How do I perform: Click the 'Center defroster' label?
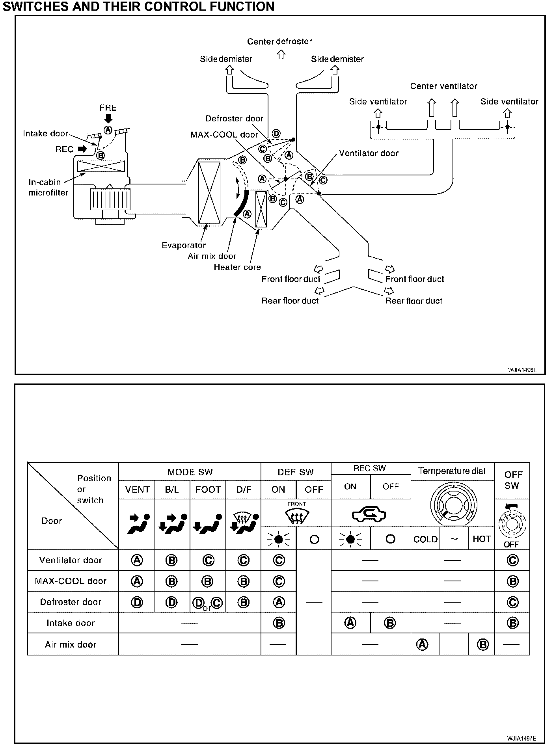pos(279,41)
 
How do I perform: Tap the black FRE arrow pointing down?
pos(108,118)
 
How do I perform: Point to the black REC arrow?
pos(82,149)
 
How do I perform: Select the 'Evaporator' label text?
pos(184,245)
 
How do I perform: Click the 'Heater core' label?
pos(237,267)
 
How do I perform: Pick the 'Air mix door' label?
pos(212,256)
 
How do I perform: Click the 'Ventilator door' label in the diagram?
pos(369,153)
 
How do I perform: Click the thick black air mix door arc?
pos(242,203)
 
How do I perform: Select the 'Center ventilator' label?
pos(443,86)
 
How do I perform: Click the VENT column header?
pos(137,490)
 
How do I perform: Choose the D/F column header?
pos(244,490)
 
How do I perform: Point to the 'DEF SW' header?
pos(296,472)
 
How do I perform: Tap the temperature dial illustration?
pos(453,504)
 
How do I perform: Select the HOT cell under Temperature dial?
pos(481,539)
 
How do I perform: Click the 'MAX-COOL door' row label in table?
pos(71,581)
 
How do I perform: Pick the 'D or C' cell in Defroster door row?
pos(208,603)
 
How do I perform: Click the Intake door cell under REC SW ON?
pos(350,623)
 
